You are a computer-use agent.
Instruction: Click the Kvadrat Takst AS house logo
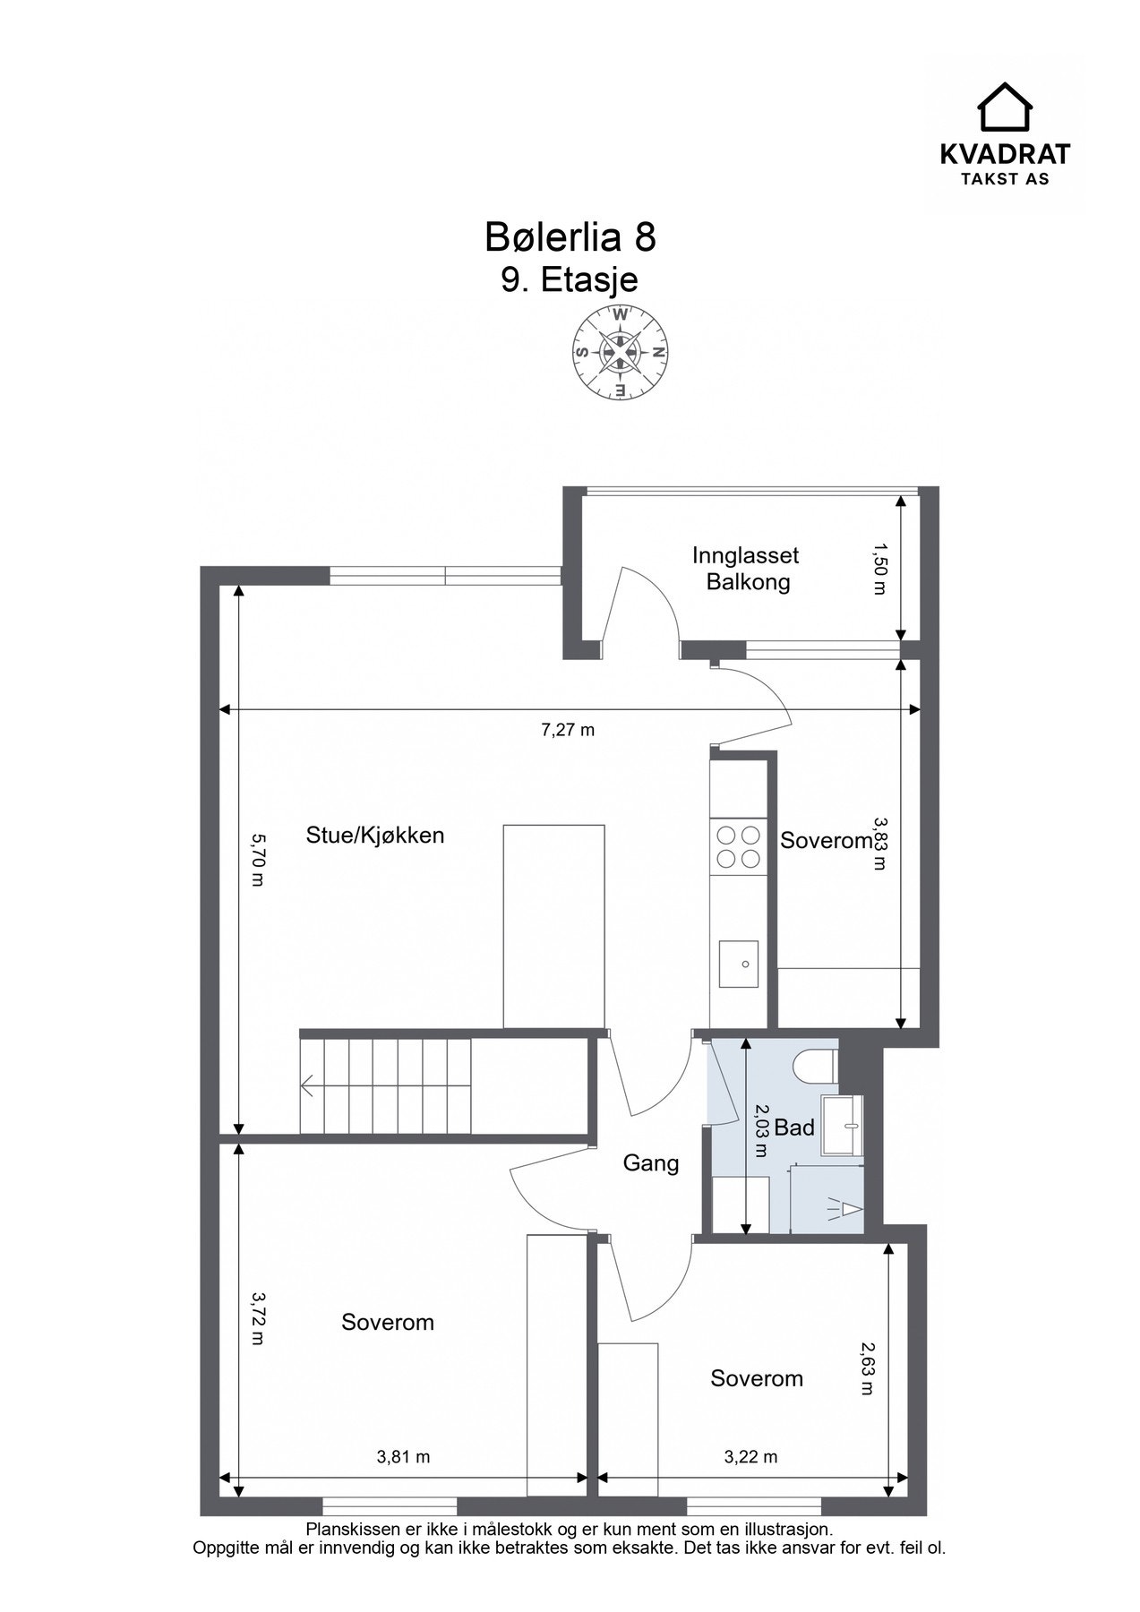coord(1004,107)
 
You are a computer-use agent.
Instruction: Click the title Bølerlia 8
coord(570,238)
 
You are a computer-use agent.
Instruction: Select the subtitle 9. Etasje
coord(570,279)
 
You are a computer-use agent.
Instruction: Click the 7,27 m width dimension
coord(568,730)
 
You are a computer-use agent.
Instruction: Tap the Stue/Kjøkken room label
coord(375,836)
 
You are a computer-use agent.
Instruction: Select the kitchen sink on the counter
coord(738,964)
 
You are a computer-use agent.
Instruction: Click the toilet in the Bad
coord(815,1066)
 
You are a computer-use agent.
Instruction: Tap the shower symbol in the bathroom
coord(842,1208)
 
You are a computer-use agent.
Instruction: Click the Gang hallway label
coord(651,1163)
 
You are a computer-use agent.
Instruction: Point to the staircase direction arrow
coord(308,1088)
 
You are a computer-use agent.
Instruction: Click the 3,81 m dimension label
coord(403,1457)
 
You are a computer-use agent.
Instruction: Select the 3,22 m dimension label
coord(750,1457)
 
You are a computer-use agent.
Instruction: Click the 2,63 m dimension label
coord(866,1368)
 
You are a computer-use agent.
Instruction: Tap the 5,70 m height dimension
coord(257,860)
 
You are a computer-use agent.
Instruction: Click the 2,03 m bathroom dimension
coord(760,1130)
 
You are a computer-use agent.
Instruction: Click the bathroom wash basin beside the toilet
coord(842,1124)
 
